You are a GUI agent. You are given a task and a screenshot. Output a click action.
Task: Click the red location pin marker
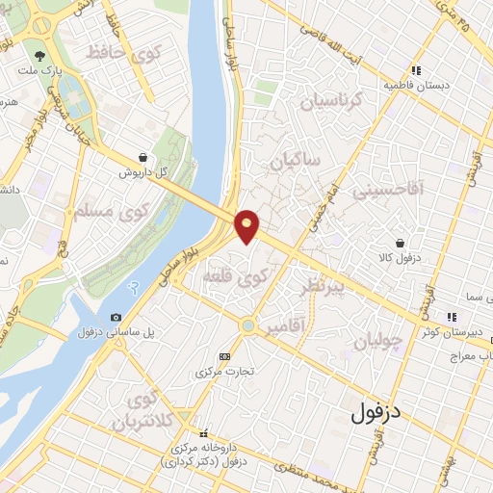coord(247,225)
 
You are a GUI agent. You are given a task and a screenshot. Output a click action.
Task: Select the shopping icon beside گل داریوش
coord(143,156)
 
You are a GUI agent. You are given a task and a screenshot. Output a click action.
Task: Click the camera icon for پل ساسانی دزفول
coord(117,317)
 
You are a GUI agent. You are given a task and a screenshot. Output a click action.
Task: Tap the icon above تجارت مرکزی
coord(224,356)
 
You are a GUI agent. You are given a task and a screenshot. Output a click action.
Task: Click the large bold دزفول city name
coord(376,414)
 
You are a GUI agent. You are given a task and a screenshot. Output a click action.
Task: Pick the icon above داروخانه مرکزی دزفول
coord(202,434)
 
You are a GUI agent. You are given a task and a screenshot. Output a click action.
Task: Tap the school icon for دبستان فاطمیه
coord(416,70)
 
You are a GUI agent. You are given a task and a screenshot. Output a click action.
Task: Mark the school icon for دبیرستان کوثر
coord(450,317)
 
